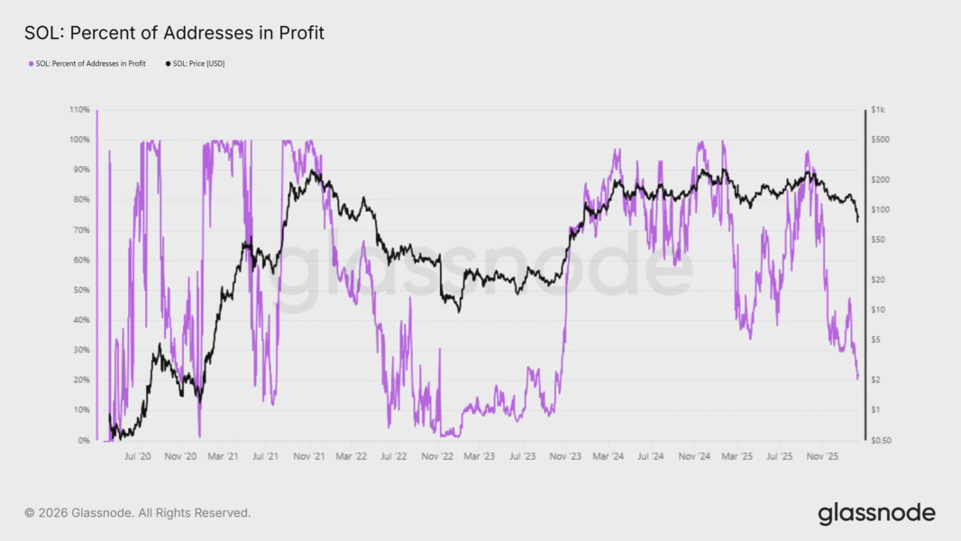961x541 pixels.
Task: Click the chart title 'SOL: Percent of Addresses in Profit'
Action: point(174,33)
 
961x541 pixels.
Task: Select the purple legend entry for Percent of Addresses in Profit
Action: point(87,64)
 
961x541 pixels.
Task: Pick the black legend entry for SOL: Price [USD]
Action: point(195,64)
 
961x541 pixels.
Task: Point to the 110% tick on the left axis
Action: point(78,110)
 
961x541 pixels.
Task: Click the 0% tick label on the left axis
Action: point(83,441)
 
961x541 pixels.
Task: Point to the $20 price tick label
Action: point(881,280)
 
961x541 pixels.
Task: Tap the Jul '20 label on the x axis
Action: point(137,457)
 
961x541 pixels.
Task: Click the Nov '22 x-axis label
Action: point(436,457)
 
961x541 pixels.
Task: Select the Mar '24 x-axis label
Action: point(607,457)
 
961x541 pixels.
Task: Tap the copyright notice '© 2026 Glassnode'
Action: point(137,513)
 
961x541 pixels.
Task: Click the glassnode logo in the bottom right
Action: point(876,514)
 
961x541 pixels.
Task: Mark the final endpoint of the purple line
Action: point(857,378)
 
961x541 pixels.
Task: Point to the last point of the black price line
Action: point(857,219)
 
